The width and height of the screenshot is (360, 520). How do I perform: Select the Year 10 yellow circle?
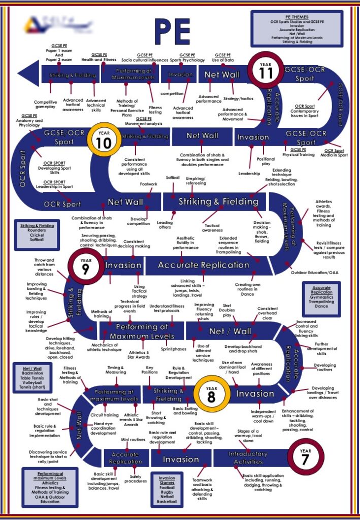tap(103, 141)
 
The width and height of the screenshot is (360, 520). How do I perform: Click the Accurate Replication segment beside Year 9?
tap(204, 265)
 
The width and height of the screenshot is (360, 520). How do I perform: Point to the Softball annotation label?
tap(173, 178)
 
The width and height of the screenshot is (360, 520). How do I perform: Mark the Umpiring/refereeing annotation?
tap(195, 181)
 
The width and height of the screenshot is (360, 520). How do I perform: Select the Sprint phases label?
tap(173, 349)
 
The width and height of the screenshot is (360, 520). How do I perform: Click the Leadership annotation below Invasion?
tap(249, 173)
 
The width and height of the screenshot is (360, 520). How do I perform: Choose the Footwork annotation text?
tap(148, 184)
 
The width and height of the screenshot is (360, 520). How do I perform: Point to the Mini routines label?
tap(134, 439)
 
